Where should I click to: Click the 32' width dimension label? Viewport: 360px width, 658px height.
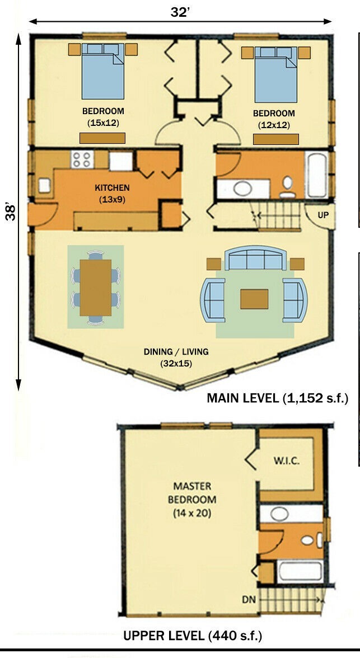pyautogui.click(x=180, y=12)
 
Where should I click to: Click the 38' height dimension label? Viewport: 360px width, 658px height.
pyautogui.click(x=11, y=213)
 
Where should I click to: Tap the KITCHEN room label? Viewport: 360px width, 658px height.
pyautogui.click(x=112, y=187)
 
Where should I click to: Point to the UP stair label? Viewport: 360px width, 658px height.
pyautogui.click(x=323, y=215)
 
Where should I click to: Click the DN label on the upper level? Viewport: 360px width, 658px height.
pyautogui.click(x=249, y=600)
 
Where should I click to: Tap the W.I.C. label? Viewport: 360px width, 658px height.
pyautogui.click(x=287, y=461)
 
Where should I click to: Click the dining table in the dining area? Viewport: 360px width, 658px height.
pyautogui.click(x=96, y=288)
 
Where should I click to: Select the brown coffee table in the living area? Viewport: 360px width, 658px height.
pyautogui.click(x=254, y=299)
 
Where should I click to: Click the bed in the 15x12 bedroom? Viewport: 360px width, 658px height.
pyautogui.click(x=103, y=71)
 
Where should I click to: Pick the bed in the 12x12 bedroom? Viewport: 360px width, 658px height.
pyautogui.click(x=276, y=74)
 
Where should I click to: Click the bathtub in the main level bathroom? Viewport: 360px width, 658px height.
pyautogui.click(x=316, y=175)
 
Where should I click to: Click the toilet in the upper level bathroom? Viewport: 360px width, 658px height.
pyautogui.click(x=311, y=540)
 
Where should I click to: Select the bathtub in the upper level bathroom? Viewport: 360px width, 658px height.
pyautogui.click(x=300, y=572)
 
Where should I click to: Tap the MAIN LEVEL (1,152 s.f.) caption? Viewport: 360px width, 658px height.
pyautogui.click(x=278, y=398)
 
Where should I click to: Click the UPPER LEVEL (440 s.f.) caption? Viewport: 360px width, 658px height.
pyautogui.click(x=193, y=636)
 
